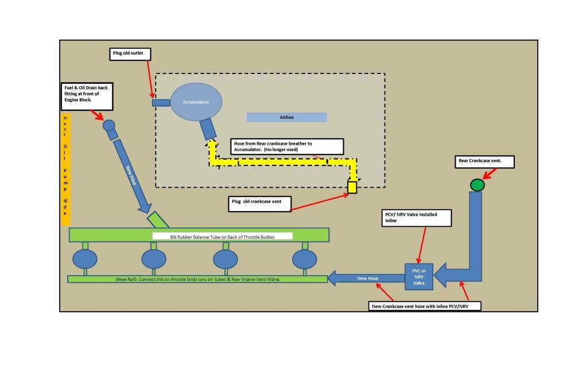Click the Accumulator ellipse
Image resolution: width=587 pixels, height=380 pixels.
[x=196, y=102]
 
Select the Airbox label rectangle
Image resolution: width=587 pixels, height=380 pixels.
[x=287, y=117]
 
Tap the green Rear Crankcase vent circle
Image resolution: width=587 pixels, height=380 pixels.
[x=477, y=185]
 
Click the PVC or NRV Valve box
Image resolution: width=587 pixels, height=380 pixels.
[x=419, y=277]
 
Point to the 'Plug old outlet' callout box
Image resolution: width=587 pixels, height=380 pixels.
[x=130, y=54]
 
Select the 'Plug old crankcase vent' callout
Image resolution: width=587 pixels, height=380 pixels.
[x=260, y=204]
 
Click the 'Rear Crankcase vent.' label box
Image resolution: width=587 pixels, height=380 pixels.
[x=485, y=162]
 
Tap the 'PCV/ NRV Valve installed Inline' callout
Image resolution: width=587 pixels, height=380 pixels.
[x=416, y=218]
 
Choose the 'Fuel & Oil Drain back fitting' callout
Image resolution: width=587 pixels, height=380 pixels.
[x=87, y=96]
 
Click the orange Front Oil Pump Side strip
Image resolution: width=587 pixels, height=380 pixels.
[x=65, y=170]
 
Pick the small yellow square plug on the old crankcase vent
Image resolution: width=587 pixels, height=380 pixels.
[x=352, y=187]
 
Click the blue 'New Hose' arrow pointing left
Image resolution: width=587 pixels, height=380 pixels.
[x=366, y=278]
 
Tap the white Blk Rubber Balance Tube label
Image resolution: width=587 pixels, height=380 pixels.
[x=223, y=236]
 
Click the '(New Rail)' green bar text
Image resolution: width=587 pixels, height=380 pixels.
[x=197, y=280]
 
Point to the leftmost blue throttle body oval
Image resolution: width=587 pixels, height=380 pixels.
[x=85, y=259]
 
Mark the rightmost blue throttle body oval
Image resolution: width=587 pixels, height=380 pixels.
[x=305, y=259]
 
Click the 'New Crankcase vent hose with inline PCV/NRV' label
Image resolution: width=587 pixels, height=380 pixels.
[x=425, y=307]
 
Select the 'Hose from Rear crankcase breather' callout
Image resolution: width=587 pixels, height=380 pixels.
[x=287, y=146]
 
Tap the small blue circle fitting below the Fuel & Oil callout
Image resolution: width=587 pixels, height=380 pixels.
[x=109, y=125]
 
